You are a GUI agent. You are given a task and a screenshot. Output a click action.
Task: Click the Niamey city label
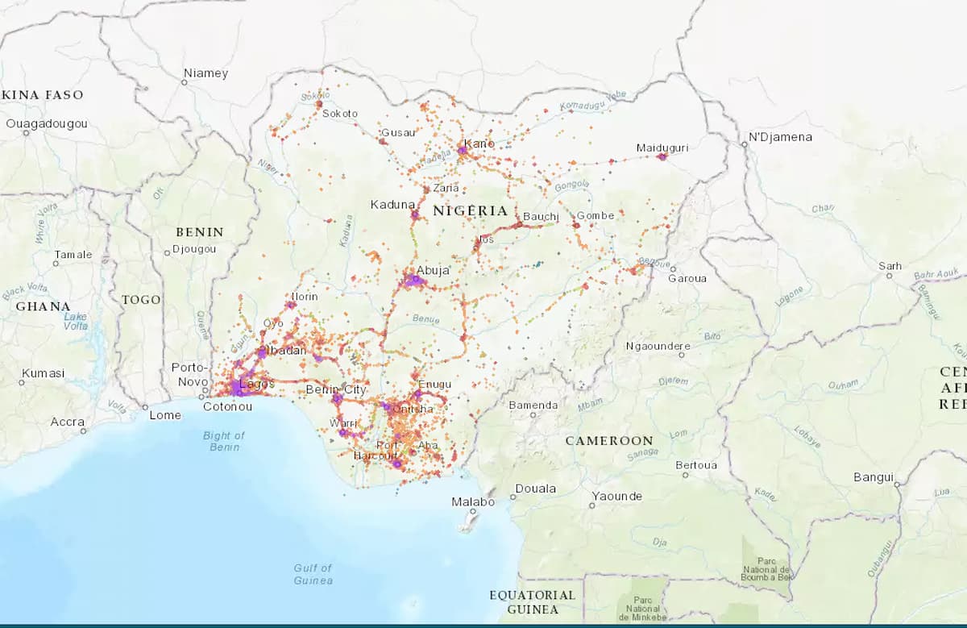[x=205, y=73]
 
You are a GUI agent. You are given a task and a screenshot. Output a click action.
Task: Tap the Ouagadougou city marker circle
[x=26, y=133]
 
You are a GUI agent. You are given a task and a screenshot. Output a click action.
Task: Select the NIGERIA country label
[x=471, y=211]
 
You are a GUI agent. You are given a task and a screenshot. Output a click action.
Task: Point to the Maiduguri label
[x=662, y=148]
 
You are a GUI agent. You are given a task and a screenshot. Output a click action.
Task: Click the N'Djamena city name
[x=780, y=137]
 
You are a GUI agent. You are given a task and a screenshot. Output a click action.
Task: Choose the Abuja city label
[x=433, y=271]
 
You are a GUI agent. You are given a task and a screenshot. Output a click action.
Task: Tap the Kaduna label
[x=392, y=205]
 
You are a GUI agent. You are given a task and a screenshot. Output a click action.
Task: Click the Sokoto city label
[x=339, y=114]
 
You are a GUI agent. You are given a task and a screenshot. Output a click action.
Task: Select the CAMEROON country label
[x=608, y=441]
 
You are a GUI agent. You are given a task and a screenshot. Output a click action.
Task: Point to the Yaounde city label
[x=616, y=497]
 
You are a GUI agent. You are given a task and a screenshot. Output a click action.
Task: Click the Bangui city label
[x=874, y=477]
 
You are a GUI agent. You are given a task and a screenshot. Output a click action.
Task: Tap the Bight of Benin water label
[x=224, y=441]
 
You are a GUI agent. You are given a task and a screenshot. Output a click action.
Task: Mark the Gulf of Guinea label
[x=313, y=574]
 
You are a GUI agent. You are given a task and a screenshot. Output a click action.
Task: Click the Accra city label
[x=67, y=422]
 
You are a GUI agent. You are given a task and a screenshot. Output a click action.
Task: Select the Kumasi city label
[x=43, y=373]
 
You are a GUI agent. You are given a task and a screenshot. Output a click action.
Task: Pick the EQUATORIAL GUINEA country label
[x=533, y=601]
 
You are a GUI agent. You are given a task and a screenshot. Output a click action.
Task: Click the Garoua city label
[x=687, y=278]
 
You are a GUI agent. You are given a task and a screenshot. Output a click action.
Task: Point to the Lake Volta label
[x=76, y=321]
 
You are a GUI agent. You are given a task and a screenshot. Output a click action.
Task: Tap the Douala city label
[x=535, y=489]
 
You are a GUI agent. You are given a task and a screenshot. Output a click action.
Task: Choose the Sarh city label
[x=890, y=266]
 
